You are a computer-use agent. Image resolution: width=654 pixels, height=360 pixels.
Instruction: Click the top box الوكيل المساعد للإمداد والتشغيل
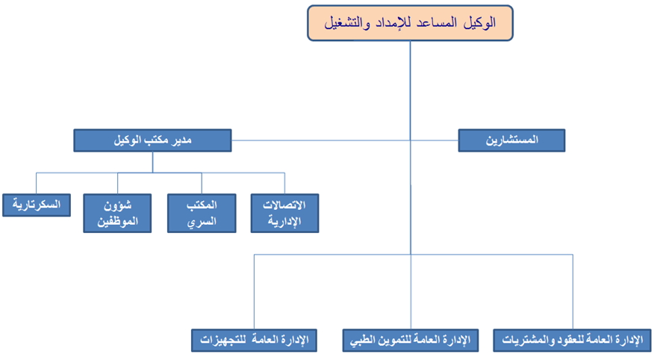pos(410,23)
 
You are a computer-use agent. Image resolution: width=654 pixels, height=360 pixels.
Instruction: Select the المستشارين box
pos(511,140)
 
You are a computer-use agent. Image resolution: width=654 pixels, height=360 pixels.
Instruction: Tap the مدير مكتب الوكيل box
pos(152,140)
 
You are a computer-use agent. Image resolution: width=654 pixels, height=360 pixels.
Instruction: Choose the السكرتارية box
pos(37,205)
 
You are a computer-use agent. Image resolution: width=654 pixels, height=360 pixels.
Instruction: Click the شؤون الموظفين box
pos(117,213)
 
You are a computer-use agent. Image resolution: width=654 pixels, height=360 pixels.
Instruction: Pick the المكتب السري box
pos(202,213)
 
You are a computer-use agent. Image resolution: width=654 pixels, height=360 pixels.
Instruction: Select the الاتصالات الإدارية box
pos(284,213)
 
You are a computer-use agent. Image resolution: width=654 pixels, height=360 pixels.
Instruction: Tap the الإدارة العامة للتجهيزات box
pos(254,341)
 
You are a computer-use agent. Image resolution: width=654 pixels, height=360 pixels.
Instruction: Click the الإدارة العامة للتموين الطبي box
pos(411,341)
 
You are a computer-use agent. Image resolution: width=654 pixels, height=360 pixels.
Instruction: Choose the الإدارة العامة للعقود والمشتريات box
pos(572,341)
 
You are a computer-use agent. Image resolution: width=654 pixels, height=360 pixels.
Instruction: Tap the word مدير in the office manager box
pos(182,140)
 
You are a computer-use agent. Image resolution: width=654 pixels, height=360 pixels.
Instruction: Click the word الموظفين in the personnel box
pos(117,221)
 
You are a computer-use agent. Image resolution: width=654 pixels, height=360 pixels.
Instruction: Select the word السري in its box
pos(202,221)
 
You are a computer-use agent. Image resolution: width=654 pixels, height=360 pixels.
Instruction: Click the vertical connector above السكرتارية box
pos(37,183)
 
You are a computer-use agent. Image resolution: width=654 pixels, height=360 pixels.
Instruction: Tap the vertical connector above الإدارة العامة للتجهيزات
pos(254,291)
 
